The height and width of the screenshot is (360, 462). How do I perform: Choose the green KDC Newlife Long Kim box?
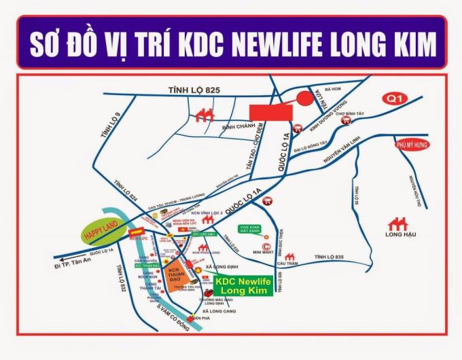pos(243,285)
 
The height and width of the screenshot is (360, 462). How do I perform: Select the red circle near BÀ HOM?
pos(304,98)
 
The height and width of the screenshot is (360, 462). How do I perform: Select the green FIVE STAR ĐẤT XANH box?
pos(250,229)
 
